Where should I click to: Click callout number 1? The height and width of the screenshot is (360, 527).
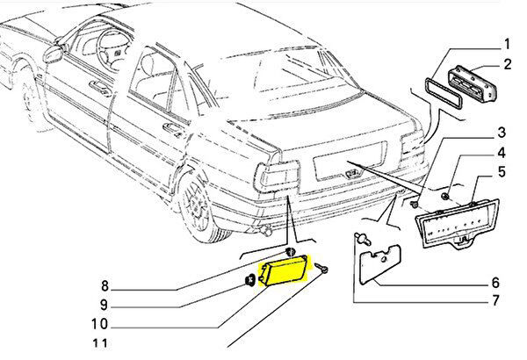(506, 45)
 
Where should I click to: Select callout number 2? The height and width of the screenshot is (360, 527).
(507, 64)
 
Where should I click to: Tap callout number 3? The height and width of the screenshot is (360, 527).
(502, 132)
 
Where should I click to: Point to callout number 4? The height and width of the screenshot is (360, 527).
(502, 153)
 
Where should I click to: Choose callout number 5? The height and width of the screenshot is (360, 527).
(502, 171)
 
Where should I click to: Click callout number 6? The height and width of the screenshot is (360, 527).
(495, 283)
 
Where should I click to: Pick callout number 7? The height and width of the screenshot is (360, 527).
(495, 300)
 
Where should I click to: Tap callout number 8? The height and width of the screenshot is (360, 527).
(105, 286)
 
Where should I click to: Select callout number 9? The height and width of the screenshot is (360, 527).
(104, 305)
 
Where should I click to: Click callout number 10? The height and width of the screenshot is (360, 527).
(99, 324)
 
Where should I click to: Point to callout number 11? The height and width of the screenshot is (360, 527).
(100, 343)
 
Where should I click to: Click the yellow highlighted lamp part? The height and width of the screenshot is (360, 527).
(284, 271)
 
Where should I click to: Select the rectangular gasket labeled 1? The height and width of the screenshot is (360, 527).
(444, 93)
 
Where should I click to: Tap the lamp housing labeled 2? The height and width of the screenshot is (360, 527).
(473, 83)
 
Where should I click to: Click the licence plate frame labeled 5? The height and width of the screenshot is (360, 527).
(458, 224)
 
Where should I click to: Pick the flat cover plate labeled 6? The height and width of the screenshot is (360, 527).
(380, 264)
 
